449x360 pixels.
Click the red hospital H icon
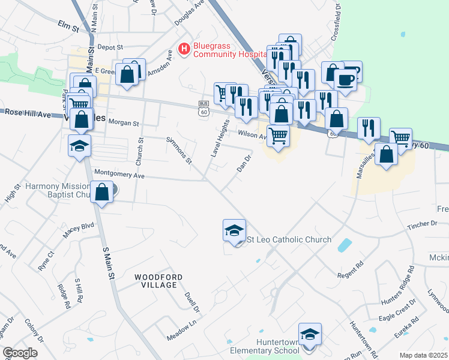pyautogui.click(x=184, y=47)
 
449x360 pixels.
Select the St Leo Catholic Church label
pyautogui.click(x=289, y=239)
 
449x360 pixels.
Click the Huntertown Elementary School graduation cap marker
pyautogui.click(x=310, y=334)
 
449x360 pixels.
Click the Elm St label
pyautogui.click(x=68, y=26)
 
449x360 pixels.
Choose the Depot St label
pyautogui.click(x=110, y=47)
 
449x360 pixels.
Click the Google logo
pyautogui.click(x=20, y=353)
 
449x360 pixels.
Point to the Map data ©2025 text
pyautogui.click(x=424, y=355)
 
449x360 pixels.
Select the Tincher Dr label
pyautogui.click(x=422, y=223)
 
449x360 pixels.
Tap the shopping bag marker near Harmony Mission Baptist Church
pyautogui.click(x=102, y=193)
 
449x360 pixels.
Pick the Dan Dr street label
pyautogui.click(x=243, y=161)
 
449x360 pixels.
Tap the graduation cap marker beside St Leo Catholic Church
pyautogui.click(x=234, y=230)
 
